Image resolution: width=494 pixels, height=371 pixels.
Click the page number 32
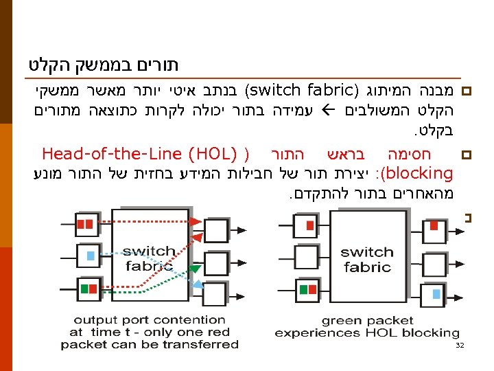pyautogui.click(x=460, y=346)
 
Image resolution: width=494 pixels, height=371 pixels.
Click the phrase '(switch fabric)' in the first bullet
pyautogui.click(x=302, y=90)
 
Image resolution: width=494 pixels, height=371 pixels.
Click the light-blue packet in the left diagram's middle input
pyautogui.click(x=90, y=256)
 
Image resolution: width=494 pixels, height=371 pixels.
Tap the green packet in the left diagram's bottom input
pyautogui.click(x=84, y=289)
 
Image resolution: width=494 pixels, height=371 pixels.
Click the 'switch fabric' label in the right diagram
pyautogui.click(x=366, y=259)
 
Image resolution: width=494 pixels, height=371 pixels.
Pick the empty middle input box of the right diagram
pyautogui.click(x=305, y=259)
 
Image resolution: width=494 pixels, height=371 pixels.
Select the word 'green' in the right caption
pyautogui.click(x=340, y=320)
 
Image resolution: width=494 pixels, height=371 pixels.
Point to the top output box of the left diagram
pyautogui.click(x=216, y=227)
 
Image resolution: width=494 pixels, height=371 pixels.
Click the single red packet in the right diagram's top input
pyautogui.click(x=310, y=225)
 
